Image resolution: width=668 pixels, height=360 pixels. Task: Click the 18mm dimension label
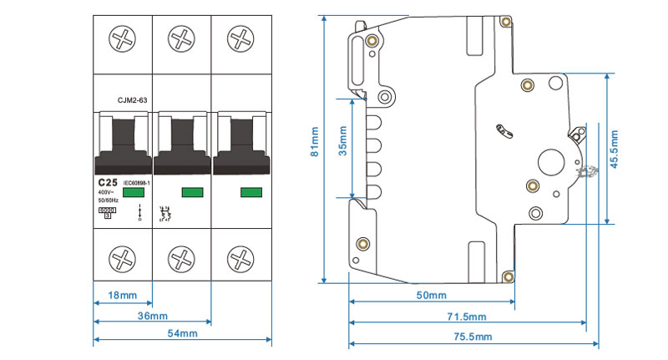click(123, 295)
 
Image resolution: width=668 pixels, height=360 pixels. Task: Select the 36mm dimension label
click(153, 316)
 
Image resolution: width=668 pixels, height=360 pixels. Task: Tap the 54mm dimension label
click(182, 333)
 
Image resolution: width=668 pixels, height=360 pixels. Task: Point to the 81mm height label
click(314, 142)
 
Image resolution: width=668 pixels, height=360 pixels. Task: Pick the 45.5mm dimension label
click(615, 150)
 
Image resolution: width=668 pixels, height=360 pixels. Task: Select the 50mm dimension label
click(432, 295)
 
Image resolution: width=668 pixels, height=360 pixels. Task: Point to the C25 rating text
click(107, 182)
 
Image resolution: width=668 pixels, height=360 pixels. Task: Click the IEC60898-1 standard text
click(136, 183)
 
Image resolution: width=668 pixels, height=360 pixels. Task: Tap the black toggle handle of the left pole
click(122, 142)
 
